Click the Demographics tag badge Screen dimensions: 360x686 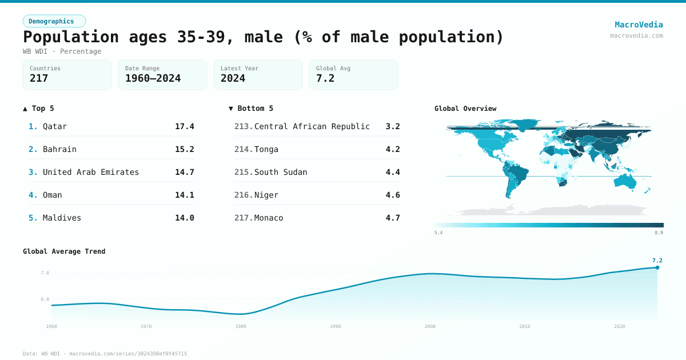[x=54, y=21]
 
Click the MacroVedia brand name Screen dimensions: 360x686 [x=639, y=25]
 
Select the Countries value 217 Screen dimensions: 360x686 [x=39, y=78]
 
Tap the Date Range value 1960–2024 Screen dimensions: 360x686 [x=153, y=78]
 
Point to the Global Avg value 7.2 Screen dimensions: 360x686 [x=325, y=78]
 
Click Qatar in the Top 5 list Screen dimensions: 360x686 [x=55, y=126]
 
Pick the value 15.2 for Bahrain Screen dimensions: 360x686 [x=184, y=149]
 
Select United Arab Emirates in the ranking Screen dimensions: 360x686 [x=90, y=172]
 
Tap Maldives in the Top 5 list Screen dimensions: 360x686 [x=62, y=218]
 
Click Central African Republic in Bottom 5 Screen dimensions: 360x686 [x=312, y=126]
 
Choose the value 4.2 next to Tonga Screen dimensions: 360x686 [x=392, y=149]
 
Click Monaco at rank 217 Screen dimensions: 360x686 [x=269, y=218]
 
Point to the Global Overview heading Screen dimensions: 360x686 [x=465, y=109]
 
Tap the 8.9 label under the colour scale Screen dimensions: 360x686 [x=659, y=233]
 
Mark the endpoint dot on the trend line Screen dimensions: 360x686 [x=657, y=267]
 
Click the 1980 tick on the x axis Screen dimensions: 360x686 [x=241, y=326]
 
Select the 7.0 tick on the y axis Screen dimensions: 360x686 [x=45, y=273]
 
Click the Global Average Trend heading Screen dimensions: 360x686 [x=64, y=251]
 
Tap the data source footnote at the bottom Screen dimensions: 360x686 [x=105, y=354]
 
